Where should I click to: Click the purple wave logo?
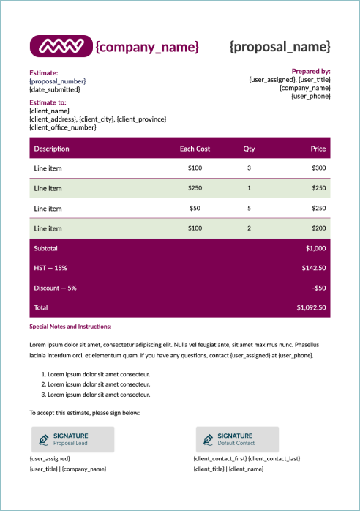pyautogui.click(x=61, y=46)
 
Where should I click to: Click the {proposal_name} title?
pyautogui.click(x=280, y=47)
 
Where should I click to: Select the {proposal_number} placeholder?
pyautogui.click(x=58, y=81)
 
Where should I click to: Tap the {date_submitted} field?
pyautogui.click(x=55, y=89)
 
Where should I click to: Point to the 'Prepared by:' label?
pyautogui.click(x=311, y=71)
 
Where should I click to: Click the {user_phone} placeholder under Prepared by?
pyautogui.click(x=311, y=96)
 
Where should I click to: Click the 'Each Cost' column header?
pyautogui.click(x=195, y=149)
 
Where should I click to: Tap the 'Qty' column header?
pyautogui.click(x=249, y=149)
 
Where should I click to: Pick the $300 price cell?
pyautogui.click(x=318, y=168)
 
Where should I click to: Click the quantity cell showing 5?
pyautogui.click(x=249, y=209)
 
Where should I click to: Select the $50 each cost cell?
pyautogui.click(x=195, y=209)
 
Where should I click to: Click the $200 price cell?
pyautogui.click(x=318, y=228)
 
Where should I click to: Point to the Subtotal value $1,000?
pyautogui.click(x=315, y=248)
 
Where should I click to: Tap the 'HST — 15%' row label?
pyautogui.click(x=50, y=268)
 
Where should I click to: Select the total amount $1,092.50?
pyautogui.click(x=311, y=308)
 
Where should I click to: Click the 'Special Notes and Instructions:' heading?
pyautogui.click(x=70, y=327)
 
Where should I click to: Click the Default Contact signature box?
pyautogui.click(x=237, y=439)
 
